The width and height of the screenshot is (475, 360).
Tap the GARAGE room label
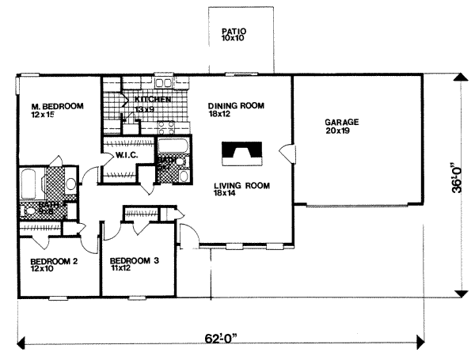(341, 123)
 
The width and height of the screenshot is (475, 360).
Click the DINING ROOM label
(235, 105)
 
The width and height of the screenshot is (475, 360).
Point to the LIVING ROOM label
(241, 186)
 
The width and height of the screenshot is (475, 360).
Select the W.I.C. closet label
(127, 155)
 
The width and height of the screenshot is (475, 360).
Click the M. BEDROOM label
(52, 106)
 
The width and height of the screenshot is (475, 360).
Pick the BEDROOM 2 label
(54, 260)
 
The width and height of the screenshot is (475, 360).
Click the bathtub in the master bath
(30, 184)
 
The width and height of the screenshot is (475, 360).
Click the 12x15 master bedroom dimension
(41, 115)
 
